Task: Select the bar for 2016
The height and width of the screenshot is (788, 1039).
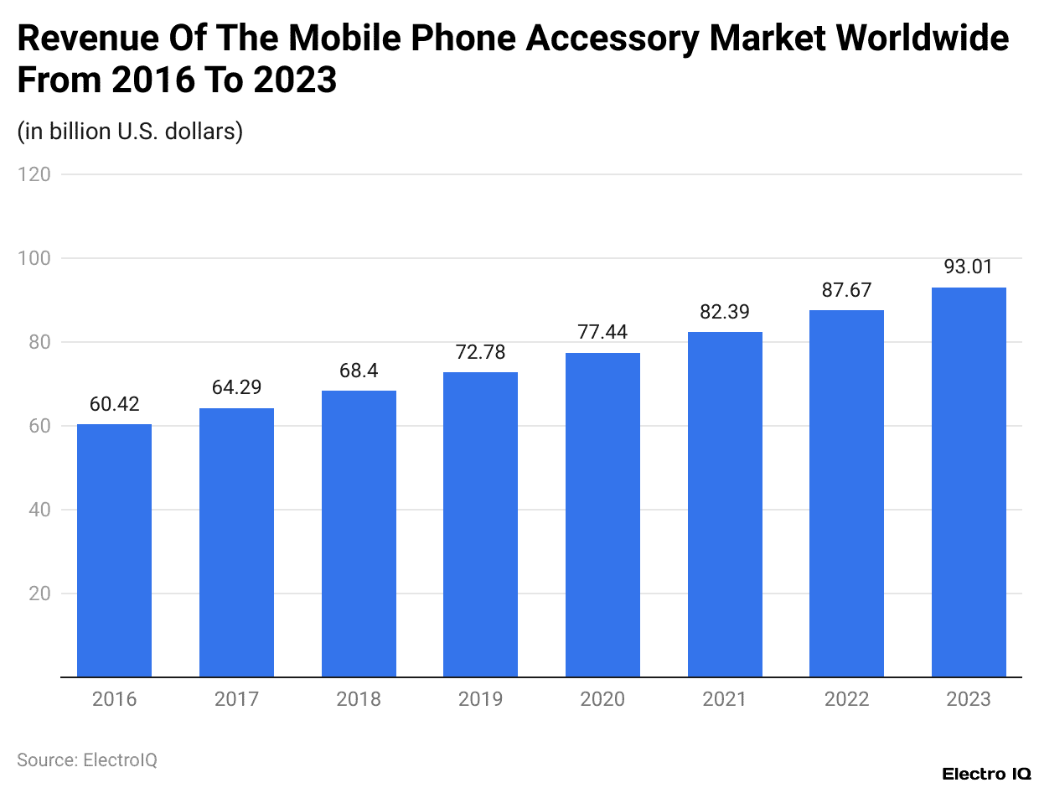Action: pos(114,550)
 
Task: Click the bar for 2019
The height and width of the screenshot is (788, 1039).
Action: pos(480,524)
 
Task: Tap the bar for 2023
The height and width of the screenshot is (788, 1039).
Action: pos(969,482)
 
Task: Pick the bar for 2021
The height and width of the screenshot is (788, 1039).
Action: pos(725,504)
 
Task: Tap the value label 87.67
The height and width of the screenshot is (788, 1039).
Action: pos(846,291)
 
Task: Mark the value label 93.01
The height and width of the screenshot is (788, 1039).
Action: pos(969,268)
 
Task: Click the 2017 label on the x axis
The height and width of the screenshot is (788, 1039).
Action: pos(236,699)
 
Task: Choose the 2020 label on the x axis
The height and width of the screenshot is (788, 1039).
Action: pos(602,699)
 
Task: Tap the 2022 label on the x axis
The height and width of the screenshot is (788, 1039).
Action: pos(846,699)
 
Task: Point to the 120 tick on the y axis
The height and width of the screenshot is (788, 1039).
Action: pos(34,174)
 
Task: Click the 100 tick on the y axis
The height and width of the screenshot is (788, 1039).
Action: pos(34,258)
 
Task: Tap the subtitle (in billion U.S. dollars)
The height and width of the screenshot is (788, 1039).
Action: pos(130,132)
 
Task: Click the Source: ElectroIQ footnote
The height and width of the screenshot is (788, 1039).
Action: pos(87,760)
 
